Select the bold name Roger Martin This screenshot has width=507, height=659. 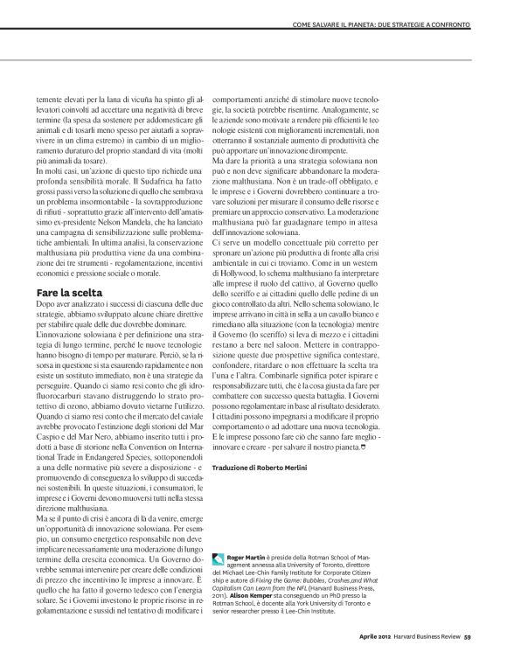click(x=242, y=556)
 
